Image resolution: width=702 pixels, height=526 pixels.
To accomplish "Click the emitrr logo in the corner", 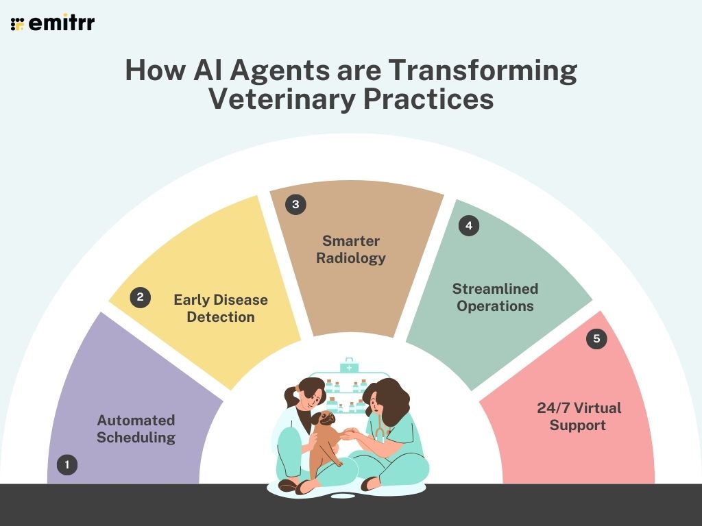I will point(53,23).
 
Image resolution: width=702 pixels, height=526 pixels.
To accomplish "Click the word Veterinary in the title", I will point(281,99).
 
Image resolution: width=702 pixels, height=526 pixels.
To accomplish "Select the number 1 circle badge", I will point(67,465).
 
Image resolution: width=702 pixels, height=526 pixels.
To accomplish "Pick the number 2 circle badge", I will point(140,297).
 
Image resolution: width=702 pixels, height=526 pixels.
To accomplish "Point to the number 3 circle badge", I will point(295,205).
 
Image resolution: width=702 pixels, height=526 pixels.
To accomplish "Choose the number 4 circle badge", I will point(469,225).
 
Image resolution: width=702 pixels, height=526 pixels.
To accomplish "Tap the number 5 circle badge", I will point(596,339).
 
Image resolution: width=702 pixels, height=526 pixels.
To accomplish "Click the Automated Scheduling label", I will point(136,429).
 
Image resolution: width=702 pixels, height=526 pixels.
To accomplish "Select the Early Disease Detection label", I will point(221,308).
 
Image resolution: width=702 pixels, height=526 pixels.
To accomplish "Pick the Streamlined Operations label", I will point(495,297).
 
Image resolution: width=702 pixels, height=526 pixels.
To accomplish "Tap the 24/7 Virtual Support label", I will point(579,416).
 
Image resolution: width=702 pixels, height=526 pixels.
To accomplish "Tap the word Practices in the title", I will point(428,99).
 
